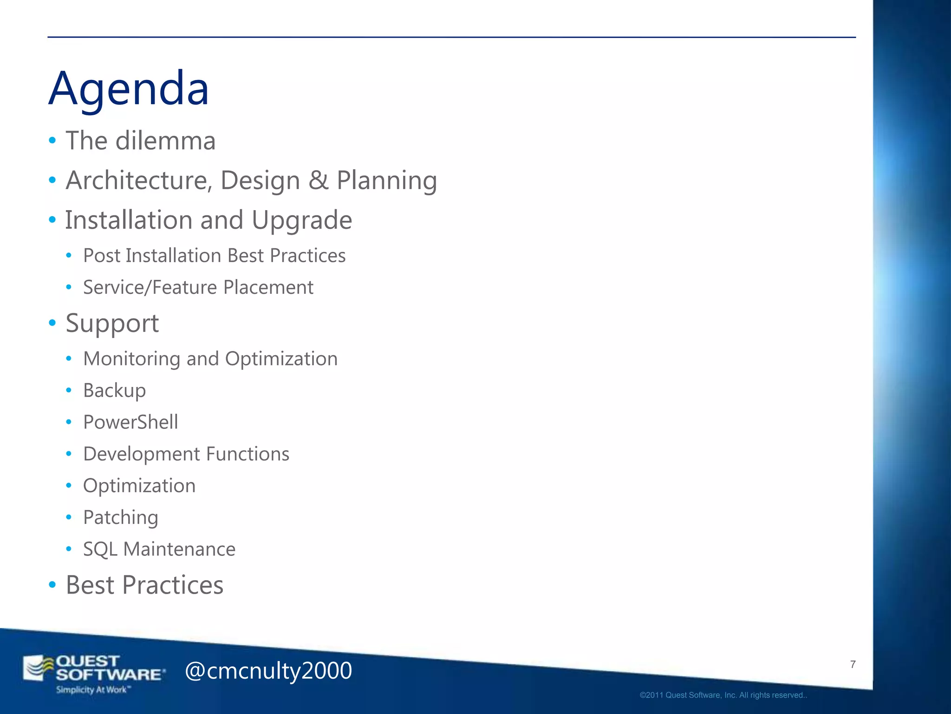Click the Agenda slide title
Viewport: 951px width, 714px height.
coord(129,88)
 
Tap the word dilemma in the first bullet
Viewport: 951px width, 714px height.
coord(165,141)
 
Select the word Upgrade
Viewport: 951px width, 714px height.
coord(301,220)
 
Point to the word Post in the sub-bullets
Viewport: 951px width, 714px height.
coord(101,256)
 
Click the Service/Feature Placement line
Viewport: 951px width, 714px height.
coord(198,287)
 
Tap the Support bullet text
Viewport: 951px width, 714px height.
coord(112,323)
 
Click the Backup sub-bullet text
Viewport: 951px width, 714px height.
coord(114,390)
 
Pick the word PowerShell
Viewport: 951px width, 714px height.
coord(130,422)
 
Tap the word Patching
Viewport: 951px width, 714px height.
coord(120,517)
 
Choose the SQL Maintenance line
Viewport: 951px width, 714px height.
coord(159,549)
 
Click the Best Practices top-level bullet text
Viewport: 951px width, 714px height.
coord(144,585)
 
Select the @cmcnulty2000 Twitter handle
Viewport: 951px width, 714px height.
coord(268,671)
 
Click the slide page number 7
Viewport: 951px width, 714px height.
coord(853,664)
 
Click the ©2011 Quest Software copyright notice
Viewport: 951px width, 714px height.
coord(723,695)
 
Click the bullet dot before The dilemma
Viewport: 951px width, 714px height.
coord(52,140)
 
